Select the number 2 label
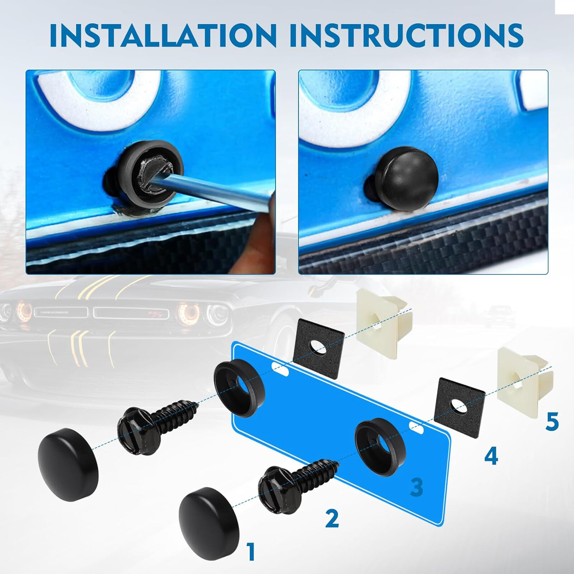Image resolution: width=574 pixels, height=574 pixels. coord(332,518)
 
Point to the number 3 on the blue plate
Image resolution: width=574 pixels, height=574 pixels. coord(416,487)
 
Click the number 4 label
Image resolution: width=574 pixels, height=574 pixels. coord(491,456)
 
